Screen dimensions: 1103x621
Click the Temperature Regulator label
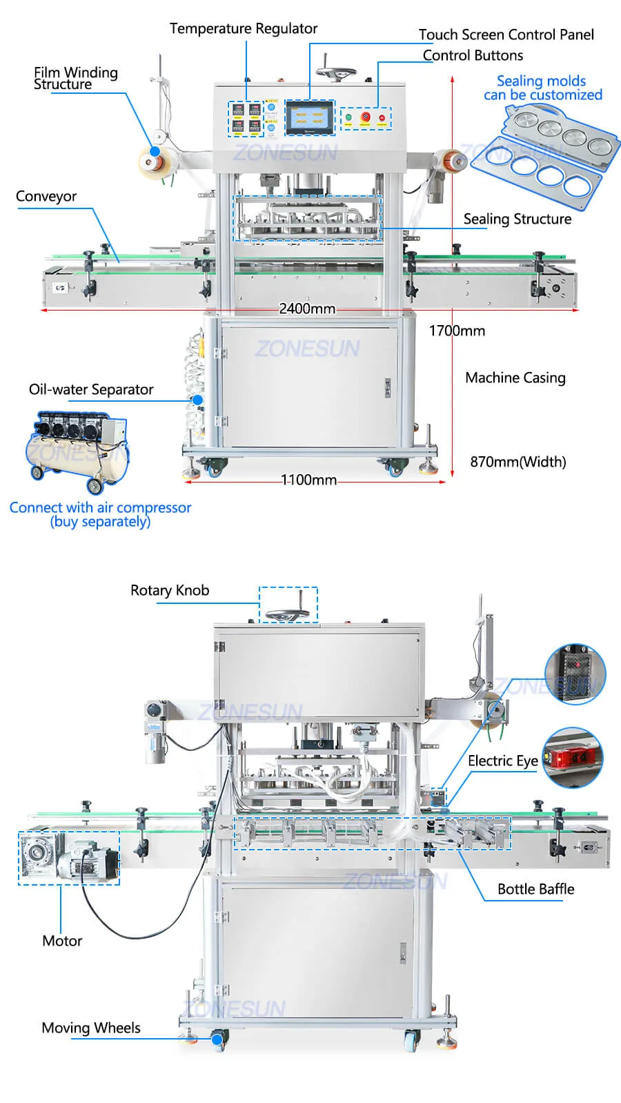244,29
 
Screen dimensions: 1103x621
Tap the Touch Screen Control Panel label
506,35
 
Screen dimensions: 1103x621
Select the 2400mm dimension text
307,309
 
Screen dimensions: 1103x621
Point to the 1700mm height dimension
457,331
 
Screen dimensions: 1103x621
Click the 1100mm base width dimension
308,480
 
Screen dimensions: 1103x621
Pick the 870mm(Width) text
517,462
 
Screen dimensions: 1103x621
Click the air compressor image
77,450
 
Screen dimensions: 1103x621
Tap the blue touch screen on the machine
310,117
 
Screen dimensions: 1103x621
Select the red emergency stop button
365,117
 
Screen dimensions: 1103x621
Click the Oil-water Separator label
91,389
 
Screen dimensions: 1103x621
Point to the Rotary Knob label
170,590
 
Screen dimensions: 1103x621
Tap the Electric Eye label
502,761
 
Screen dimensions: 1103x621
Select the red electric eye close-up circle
572,757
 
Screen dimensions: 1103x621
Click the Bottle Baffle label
535,889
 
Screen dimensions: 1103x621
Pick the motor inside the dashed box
68,858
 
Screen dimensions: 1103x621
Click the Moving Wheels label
91,1028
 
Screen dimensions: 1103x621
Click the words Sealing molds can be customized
542,88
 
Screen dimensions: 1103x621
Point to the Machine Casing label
515,378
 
